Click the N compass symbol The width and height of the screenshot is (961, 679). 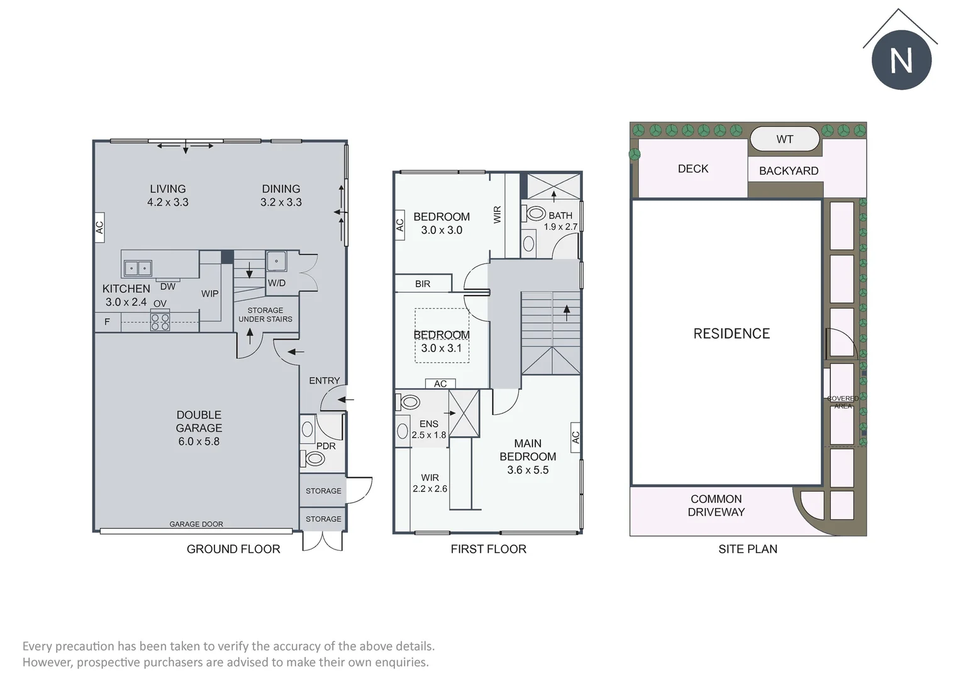901,60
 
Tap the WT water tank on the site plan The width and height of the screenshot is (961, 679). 784,139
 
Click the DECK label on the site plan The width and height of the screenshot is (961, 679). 693,168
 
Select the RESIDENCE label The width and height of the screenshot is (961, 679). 731,333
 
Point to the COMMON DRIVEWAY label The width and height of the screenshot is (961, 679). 716,505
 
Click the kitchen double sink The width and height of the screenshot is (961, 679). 138,268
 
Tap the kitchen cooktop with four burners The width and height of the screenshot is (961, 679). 160,321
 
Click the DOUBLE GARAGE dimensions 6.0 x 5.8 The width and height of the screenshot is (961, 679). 199,441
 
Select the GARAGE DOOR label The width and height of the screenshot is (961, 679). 196,524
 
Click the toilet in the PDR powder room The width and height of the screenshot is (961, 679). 314,458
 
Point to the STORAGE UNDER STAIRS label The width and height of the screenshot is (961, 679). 265,314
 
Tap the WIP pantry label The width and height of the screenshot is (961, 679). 210,294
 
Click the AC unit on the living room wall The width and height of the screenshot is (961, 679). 99,228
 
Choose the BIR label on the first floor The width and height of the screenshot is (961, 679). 423,284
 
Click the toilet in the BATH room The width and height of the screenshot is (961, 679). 533,213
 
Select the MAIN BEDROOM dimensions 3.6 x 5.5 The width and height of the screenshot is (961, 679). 528,470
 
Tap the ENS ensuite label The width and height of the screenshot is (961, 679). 428,424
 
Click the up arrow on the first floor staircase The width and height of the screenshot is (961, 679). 567,313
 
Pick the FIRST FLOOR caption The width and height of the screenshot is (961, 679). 488,549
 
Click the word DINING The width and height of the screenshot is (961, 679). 281,189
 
